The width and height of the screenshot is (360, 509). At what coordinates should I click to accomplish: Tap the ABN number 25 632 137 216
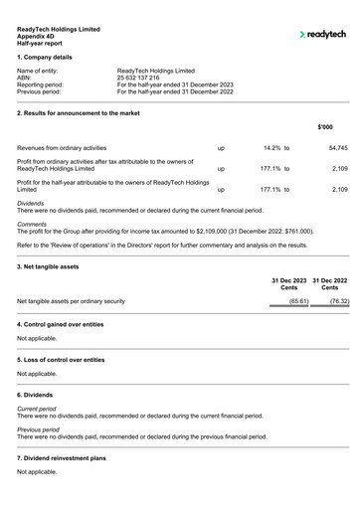click(x=145, y=78)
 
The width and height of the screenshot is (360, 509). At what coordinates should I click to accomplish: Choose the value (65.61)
click(x=298, y=300)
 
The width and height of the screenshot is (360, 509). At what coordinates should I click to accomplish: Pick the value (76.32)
click(x=339, y=300)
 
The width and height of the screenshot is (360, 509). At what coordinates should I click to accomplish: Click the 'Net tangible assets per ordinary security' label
click(x=71, y=300)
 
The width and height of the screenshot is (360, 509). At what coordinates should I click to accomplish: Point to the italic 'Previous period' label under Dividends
click(x=39, y=428)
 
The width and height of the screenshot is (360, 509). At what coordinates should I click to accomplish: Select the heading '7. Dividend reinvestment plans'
click(x=64, y=460)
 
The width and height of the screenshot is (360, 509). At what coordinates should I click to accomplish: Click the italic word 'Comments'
click(x=32, y=224)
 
